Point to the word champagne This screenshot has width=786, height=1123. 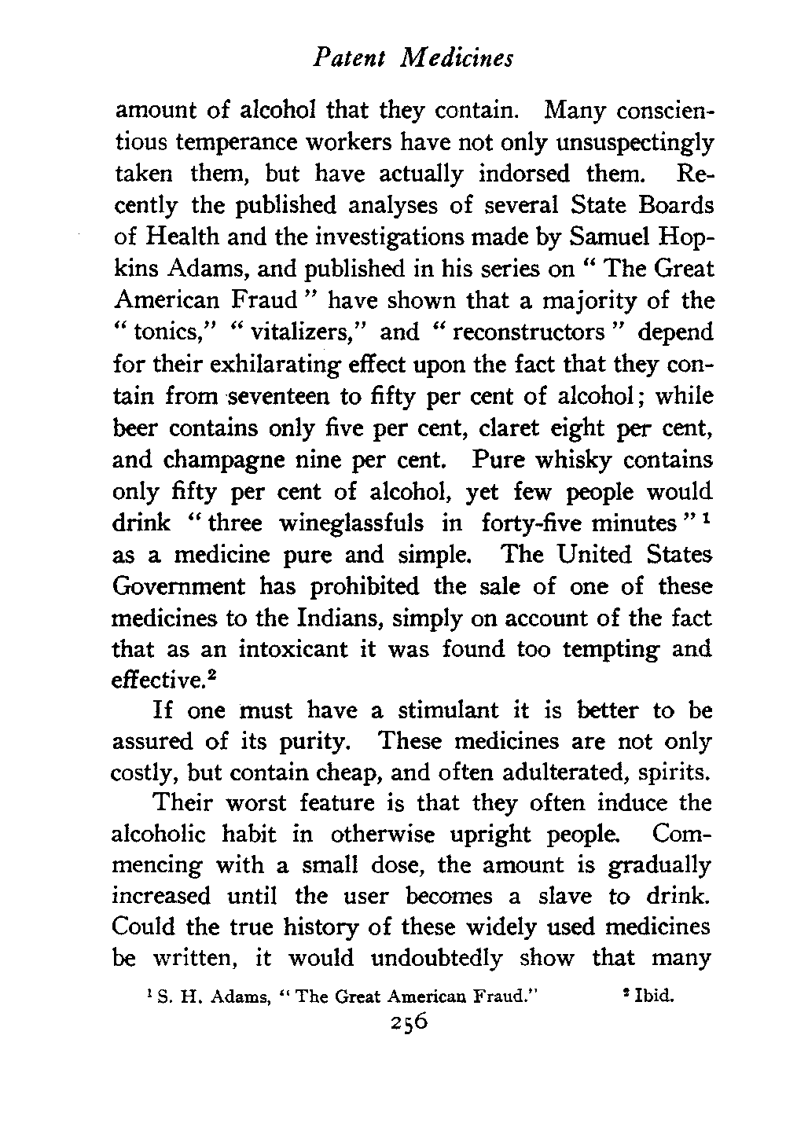219,460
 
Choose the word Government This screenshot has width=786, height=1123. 177,586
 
